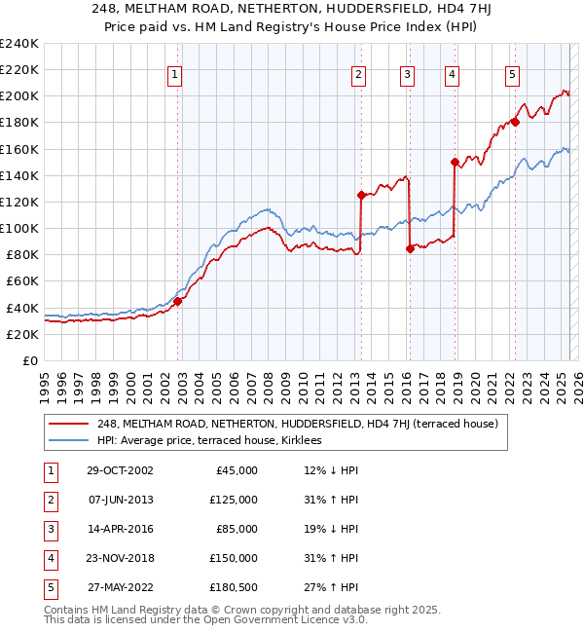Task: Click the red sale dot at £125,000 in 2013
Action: point(361,195)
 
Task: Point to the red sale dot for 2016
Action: point(410,248)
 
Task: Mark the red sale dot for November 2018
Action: point(455,162)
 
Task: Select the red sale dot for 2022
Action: point(515,122)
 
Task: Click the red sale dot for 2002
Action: point(178,301)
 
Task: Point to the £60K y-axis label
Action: point(22,281)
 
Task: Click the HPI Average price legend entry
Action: point(215,441)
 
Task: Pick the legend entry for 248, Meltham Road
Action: point(297,424)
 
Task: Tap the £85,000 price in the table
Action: point(237,529)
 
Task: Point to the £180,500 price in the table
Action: point(235,587)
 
